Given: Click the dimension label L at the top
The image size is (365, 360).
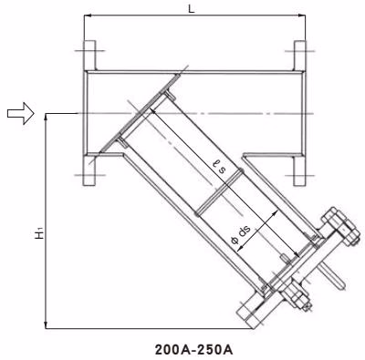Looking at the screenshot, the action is click(191, 9).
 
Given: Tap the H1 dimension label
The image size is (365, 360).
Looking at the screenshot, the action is click(39, 232).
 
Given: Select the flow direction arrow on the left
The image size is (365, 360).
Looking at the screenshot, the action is click(20, 113).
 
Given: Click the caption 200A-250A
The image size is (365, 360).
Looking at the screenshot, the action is click(193, 350).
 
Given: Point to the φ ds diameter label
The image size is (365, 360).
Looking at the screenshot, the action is click(241, 235).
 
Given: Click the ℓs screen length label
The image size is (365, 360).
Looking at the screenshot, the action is click(220, 167).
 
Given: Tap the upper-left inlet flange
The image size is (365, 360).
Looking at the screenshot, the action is click(89, 56).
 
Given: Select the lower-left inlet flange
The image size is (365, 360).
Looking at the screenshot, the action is click(89, 170).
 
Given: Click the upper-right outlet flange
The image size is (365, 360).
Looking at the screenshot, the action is click(299, 56).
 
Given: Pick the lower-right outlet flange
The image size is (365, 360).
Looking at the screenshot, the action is click(299, 170).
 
